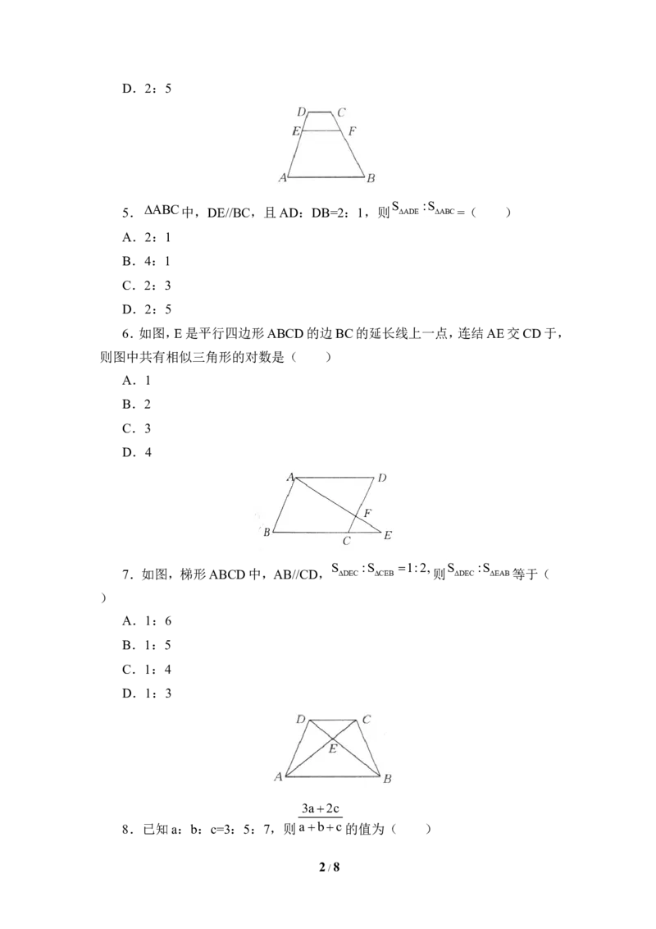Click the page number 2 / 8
pyautogui.click(x=329, y=867)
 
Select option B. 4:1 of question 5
pyautogui.click(x=146, y=261)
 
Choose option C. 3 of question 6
pyautogui.click(x=137, y=428)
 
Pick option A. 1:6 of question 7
pyautogui.click(x=147, y=621)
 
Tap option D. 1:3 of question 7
pyautogui.click(x=147, y=693)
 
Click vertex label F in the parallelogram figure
pyautogui.click(x=367, y=512)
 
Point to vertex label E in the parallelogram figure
pyautogui.click(x=387, y=535)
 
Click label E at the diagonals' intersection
pyautogui.click(x=333, y=749)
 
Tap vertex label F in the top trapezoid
pyautogui.click(x=353, y=131)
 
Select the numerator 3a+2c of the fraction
pyautogui.click(x=321, y=808)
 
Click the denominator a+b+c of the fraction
pyautogui.click(x=321, y=827)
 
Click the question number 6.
pyautogui.click(x=126, y=334)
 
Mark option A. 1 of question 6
pyautogui.click(x=137, y=380)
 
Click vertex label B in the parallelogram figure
pyautogui.click(x=266, y=532)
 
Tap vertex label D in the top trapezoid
pyautogui.click(x=302, y=112)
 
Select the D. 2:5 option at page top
pyautogui.click(x=147, y=89)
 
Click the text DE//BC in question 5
pyautogui.click(x=229, y=213)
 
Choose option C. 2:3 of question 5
pyautogui.click(x=147, y=286)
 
